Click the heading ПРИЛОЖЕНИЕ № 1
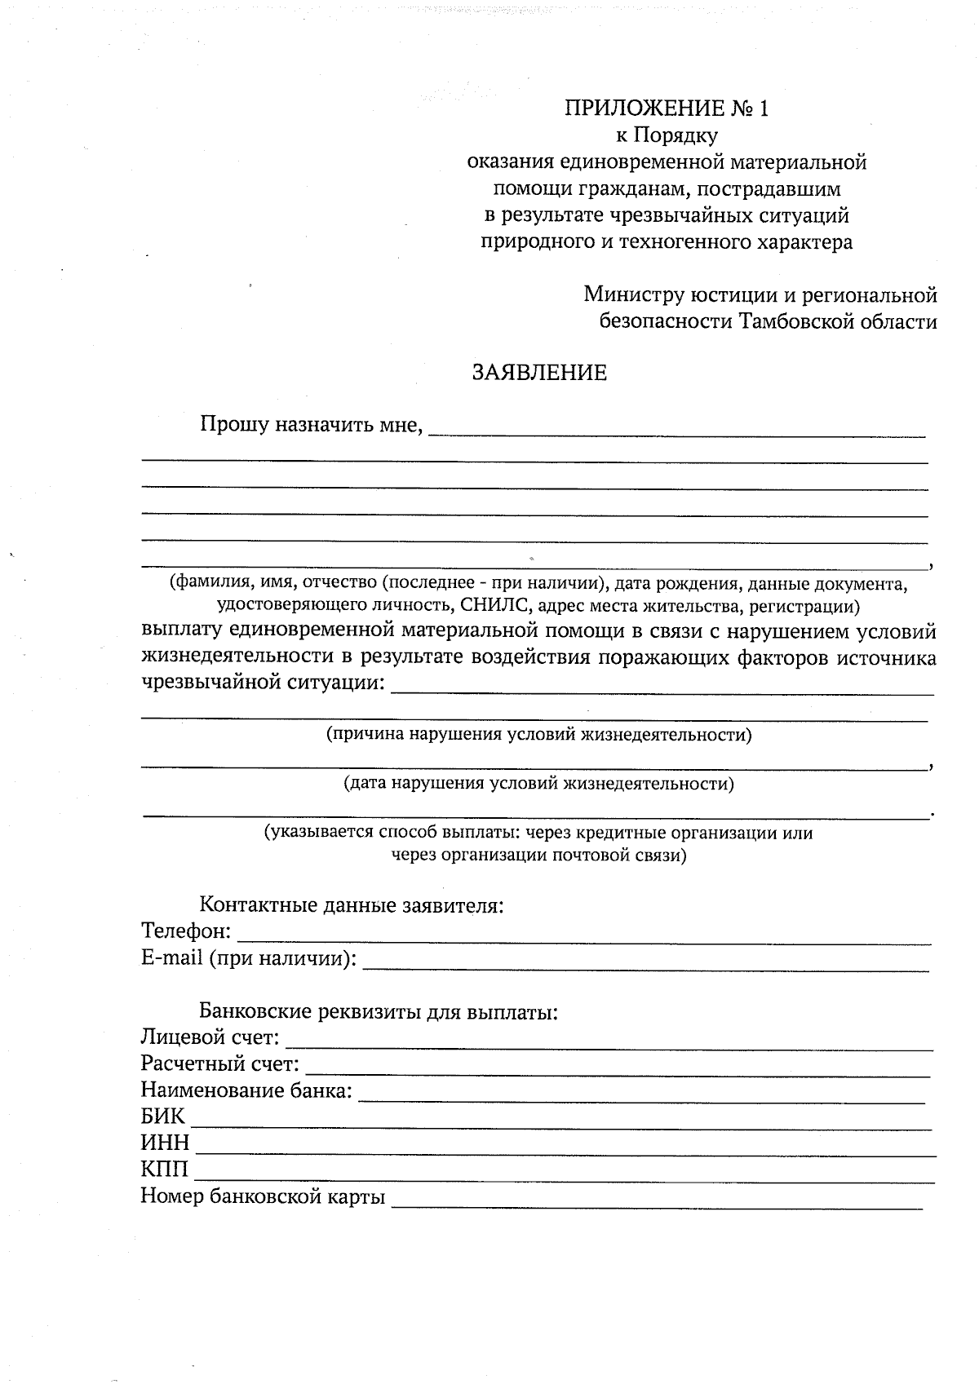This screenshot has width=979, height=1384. [x=667, y=108]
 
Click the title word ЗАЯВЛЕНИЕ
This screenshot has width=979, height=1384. [x=540, y=373]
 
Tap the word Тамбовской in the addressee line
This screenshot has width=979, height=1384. [x=792, y=321]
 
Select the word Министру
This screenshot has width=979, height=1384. [x=633, y=294]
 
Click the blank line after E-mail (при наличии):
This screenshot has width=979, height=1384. [x=645, y=963]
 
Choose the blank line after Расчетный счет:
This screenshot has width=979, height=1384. [x=618, y=1069]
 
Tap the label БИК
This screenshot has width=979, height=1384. [x=163, y=1116]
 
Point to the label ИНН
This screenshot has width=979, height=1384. [x=165, y=1143]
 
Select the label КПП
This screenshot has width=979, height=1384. [x=164, y=1170]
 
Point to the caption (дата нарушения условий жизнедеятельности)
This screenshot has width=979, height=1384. [x=538, y=784]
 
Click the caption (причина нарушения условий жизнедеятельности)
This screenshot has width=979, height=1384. [x=538, y=734]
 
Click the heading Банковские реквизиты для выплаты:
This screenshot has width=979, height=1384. [x=379, y=1012]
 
